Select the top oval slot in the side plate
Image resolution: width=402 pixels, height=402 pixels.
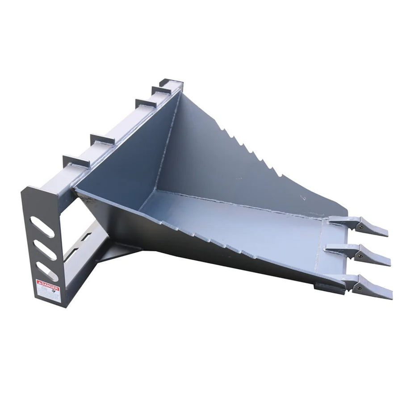point(45,226)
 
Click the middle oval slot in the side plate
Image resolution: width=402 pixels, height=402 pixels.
point(46,248)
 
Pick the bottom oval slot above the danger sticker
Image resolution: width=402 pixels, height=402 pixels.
point(47,271)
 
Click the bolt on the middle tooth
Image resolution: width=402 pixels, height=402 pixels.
point(358,256)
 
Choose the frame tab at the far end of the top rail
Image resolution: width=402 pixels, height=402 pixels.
point(172,83)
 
